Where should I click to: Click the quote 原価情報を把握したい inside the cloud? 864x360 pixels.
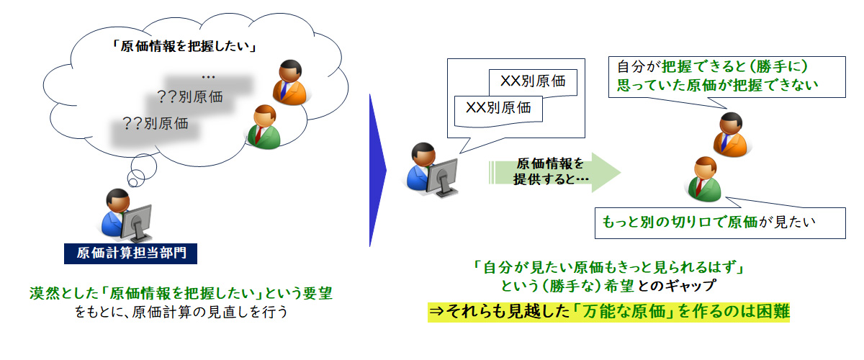(184, 47)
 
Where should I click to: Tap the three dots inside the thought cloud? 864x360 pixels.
(208, 77)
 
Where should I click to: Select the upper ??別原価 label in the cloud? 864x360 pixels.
(190, 96)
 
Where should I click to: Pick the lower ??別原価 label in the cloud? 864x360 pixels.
(156, 123)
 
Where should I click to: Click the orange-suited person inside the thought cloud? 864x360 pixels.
(290, 82)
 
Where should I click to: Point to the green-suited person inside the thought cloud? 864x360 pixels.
(264, 127)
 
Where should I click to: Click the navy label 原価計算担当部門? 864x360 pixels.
(131, 253)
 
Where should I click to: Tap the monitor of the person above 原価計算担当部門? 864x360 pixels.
(136, 222)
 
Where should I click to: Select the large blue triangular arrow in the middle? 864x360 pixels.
(377, 170)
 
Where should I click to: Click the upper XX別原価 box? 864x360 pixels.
(533, 81)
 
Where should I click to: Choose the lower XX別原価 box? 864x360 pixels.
(498, 109)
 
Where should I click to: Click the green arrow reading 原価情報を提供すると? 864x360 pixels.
(554, 172)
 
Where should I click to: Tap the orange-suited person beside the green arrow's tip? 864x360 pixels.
(732, 135)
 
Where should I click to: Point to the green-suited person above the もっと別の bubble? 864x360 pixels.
(705, 179)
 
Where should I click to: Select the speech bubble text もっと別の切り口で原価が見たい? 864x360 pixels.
(708, 222)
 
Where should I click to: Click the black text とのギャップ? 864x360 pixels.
(678, 286)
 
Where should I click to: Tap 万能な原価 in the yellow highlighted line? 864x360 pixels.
(624, 312)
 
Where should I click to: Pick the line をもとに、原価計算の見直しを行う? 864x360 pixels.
(181, 312)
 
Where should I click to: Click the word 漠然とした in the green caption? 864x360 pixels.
(64, 294)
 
